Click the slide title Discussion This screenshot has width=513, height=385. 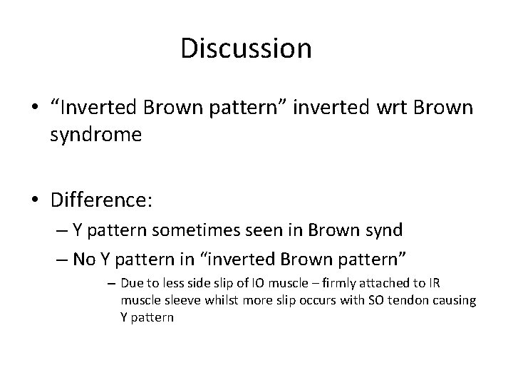[246, 48]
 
